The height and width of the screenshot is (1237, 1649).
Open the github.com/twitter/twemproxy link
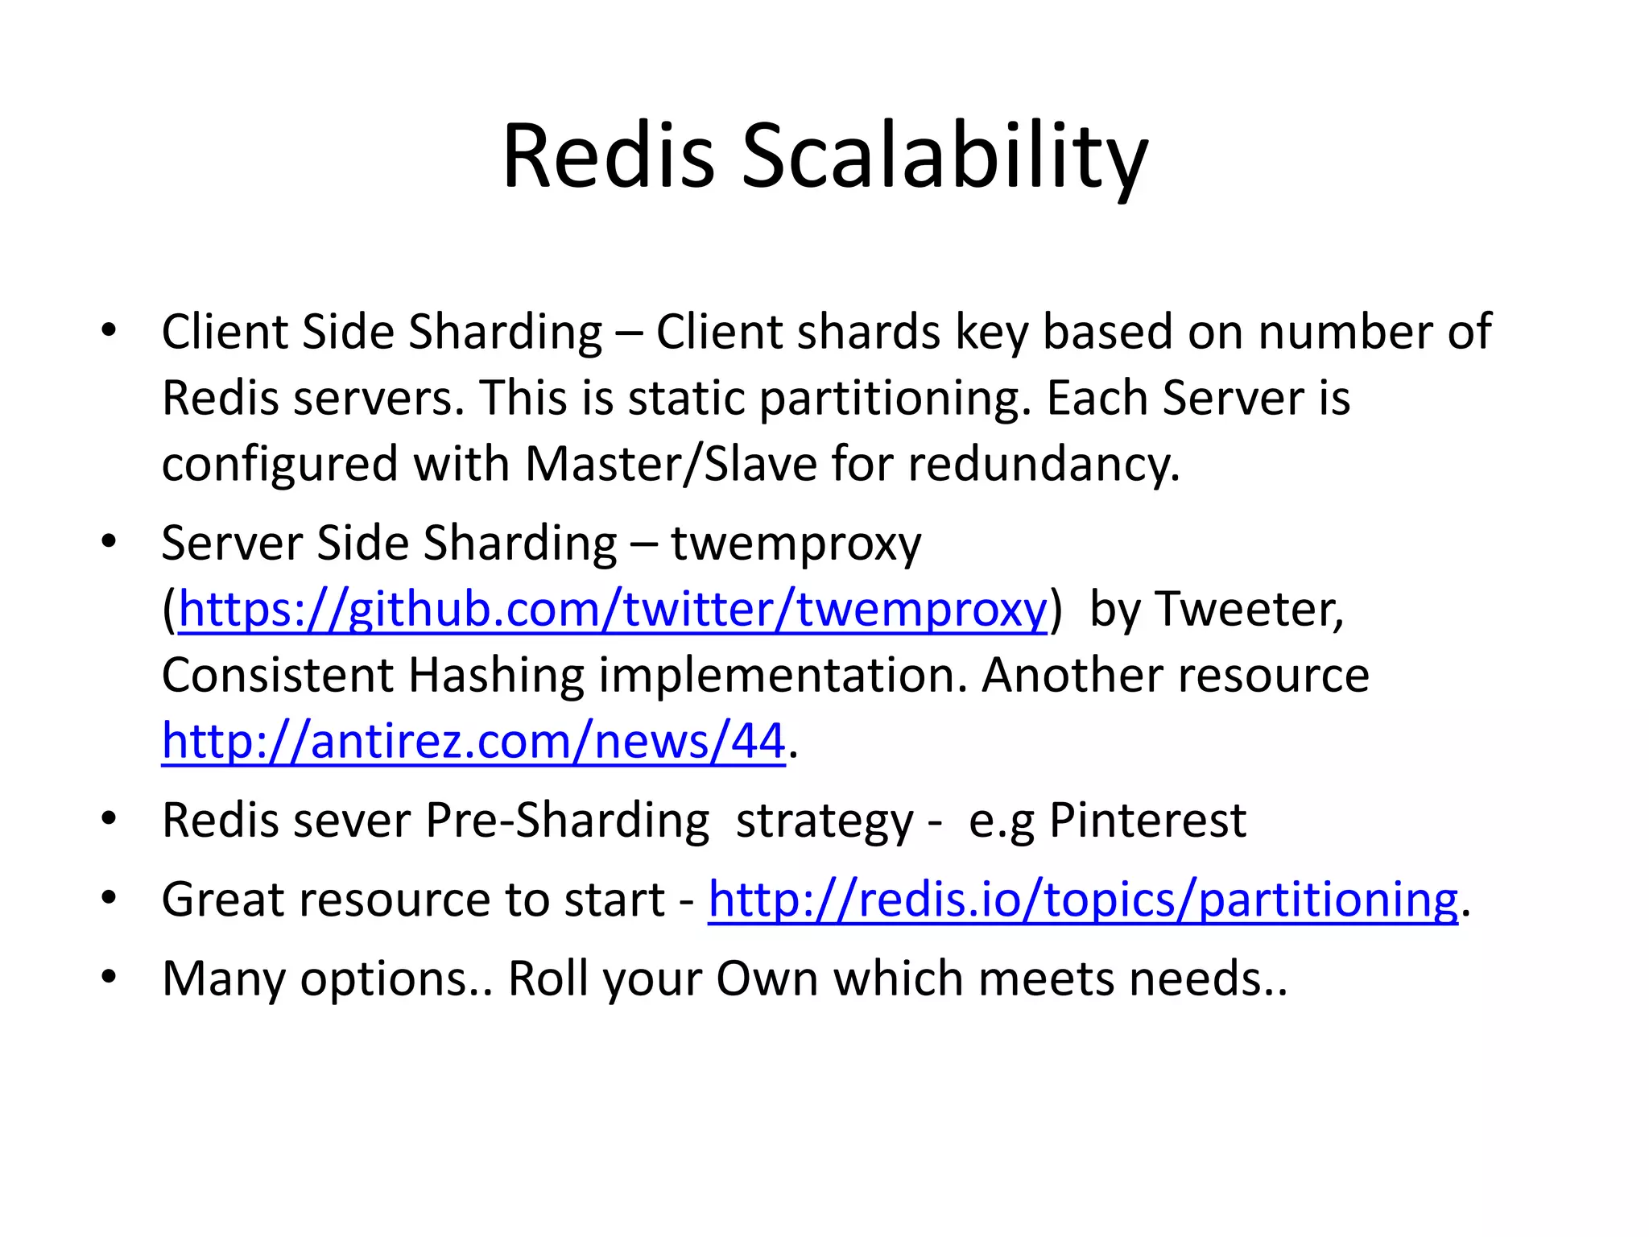coord(613,609)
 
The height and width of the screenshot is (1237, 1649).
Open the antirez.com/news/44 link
coord(473,741)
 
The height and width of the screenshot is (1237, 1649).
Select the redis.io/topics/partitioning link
coord(1083,899)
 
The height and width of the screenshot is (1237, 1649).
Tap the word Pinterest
coord(1147,821)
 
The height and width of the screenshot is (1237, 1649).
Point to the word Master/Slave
coord(671,465)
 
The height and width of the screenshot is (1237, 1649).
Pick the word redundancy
coord(1044,465)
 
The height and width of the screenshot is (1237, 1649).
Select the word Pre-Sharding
coord(567,821)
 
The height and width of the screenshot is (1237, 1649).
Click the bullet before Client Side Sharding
coord(110,330)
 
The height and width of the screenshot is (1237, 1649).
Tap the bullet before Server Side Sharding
coord(110,541)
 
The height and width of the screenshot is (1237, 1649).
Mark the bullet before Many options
coord(110,978)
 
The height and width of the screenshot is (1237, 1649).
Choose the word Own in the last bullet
coord(767,979)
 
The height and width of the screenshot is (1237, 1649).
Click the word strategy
coord(824,821)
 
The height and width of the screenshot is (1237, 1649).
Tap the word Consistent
coord(278,675)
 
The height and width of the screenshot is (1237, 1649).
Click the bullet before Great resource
coord(110,898)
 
